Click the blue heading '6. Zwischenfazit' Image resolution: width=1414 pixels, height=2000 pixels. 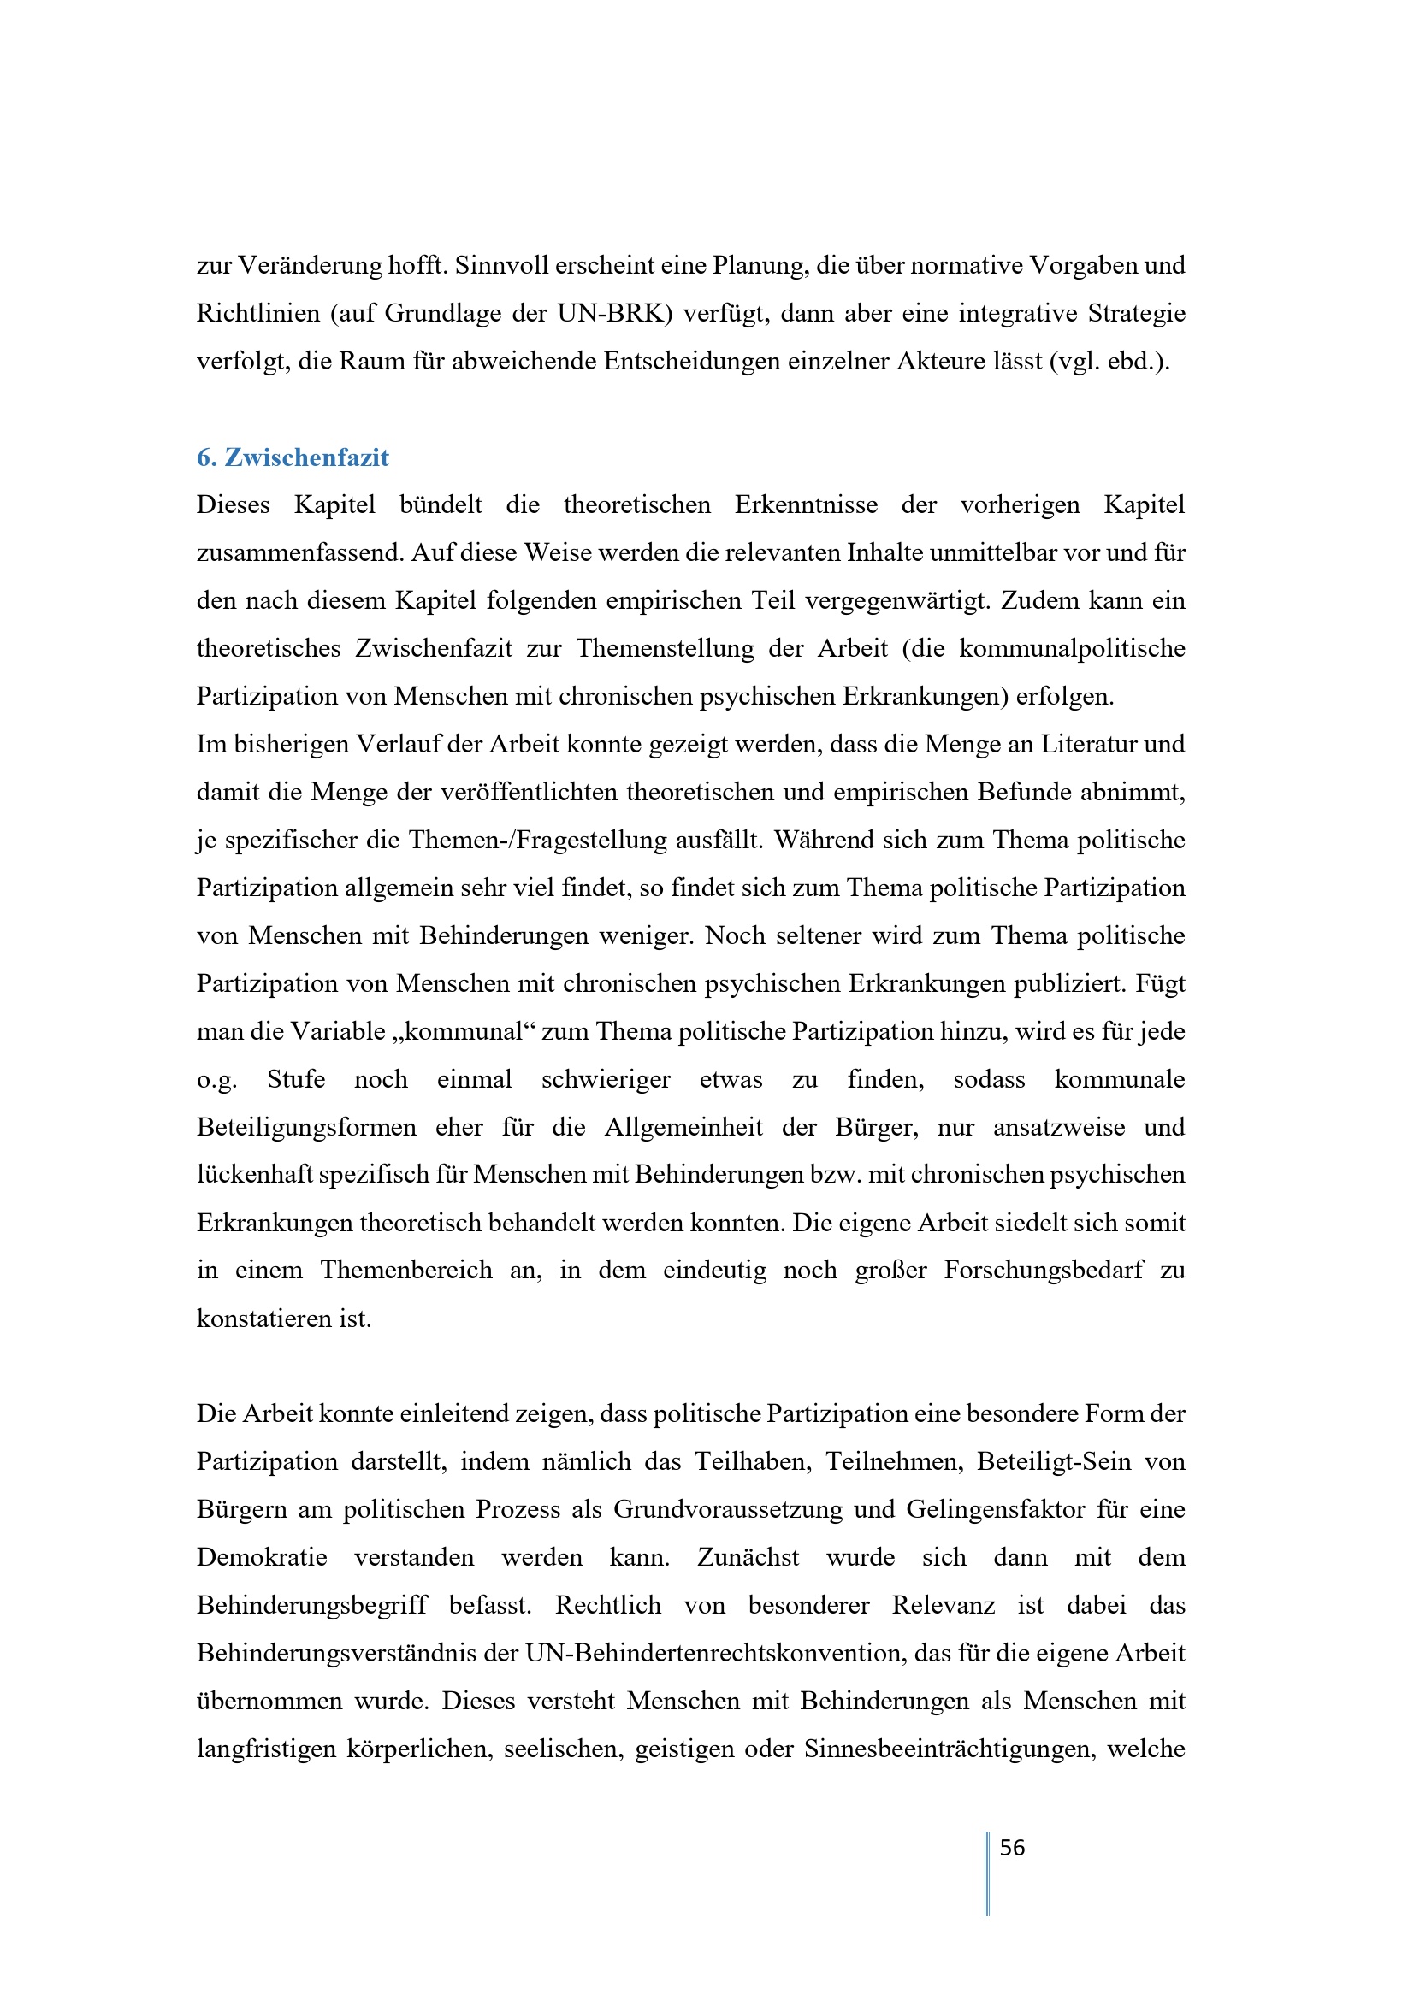pos(293,457)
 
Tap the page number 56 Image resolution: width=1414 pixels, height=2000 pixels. pos(1011,1848)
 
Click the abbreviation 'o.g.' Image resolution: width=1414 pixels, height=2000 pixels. pos(217,1079)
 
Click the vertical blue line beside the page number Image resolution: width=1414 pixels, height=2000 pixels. pos(987,1873)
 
